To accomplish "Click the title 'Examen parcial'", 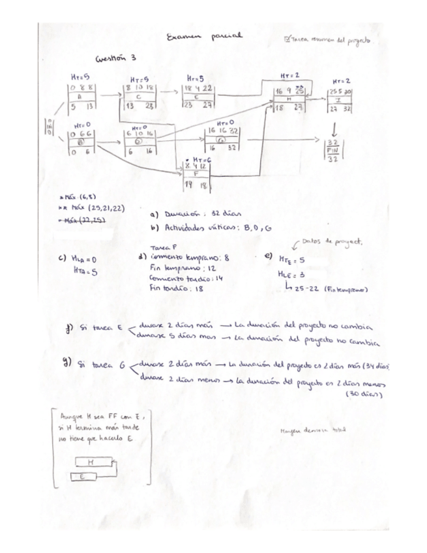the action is tap(204, 38).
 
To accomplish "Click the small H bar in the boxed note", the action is tap(91, 461).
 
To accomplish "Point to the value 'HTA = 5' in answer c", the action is tap(85, 273).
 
